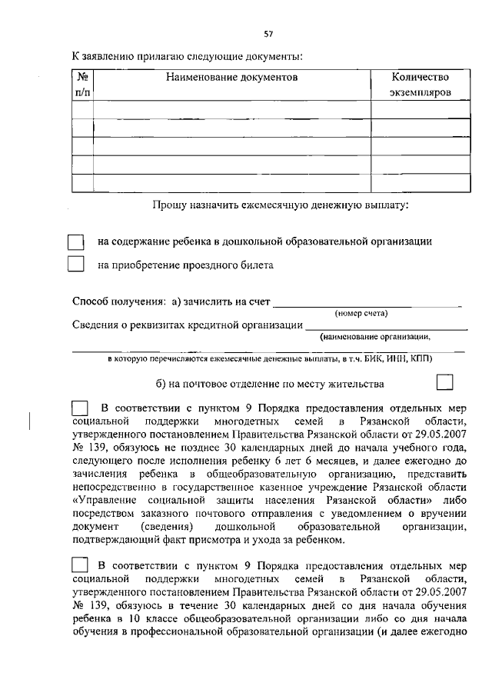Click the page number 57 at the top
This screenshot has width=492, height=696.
[268, 34]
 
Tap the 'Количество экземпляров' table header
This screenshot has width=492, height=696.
[420, 85]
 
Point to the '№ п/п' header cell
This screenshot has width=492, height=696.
[82, 85]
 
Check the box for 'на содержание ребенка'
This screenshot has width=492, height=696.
[75, 241]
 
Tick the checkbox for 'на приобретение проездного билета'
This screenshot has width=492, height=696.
[75, 265]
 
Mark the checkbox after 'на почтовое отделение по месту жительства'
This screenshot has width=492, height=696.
[444, 383]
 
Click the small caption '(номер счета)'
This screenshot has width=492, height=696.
[361, 313]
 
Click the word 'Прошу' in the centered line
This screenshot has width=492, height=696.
[167, 205]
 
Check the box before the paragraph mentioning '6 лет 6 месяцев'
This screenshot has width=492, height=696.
[80, 408]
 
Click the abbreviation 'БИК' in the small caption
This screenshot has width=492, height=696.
[367, 359]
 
